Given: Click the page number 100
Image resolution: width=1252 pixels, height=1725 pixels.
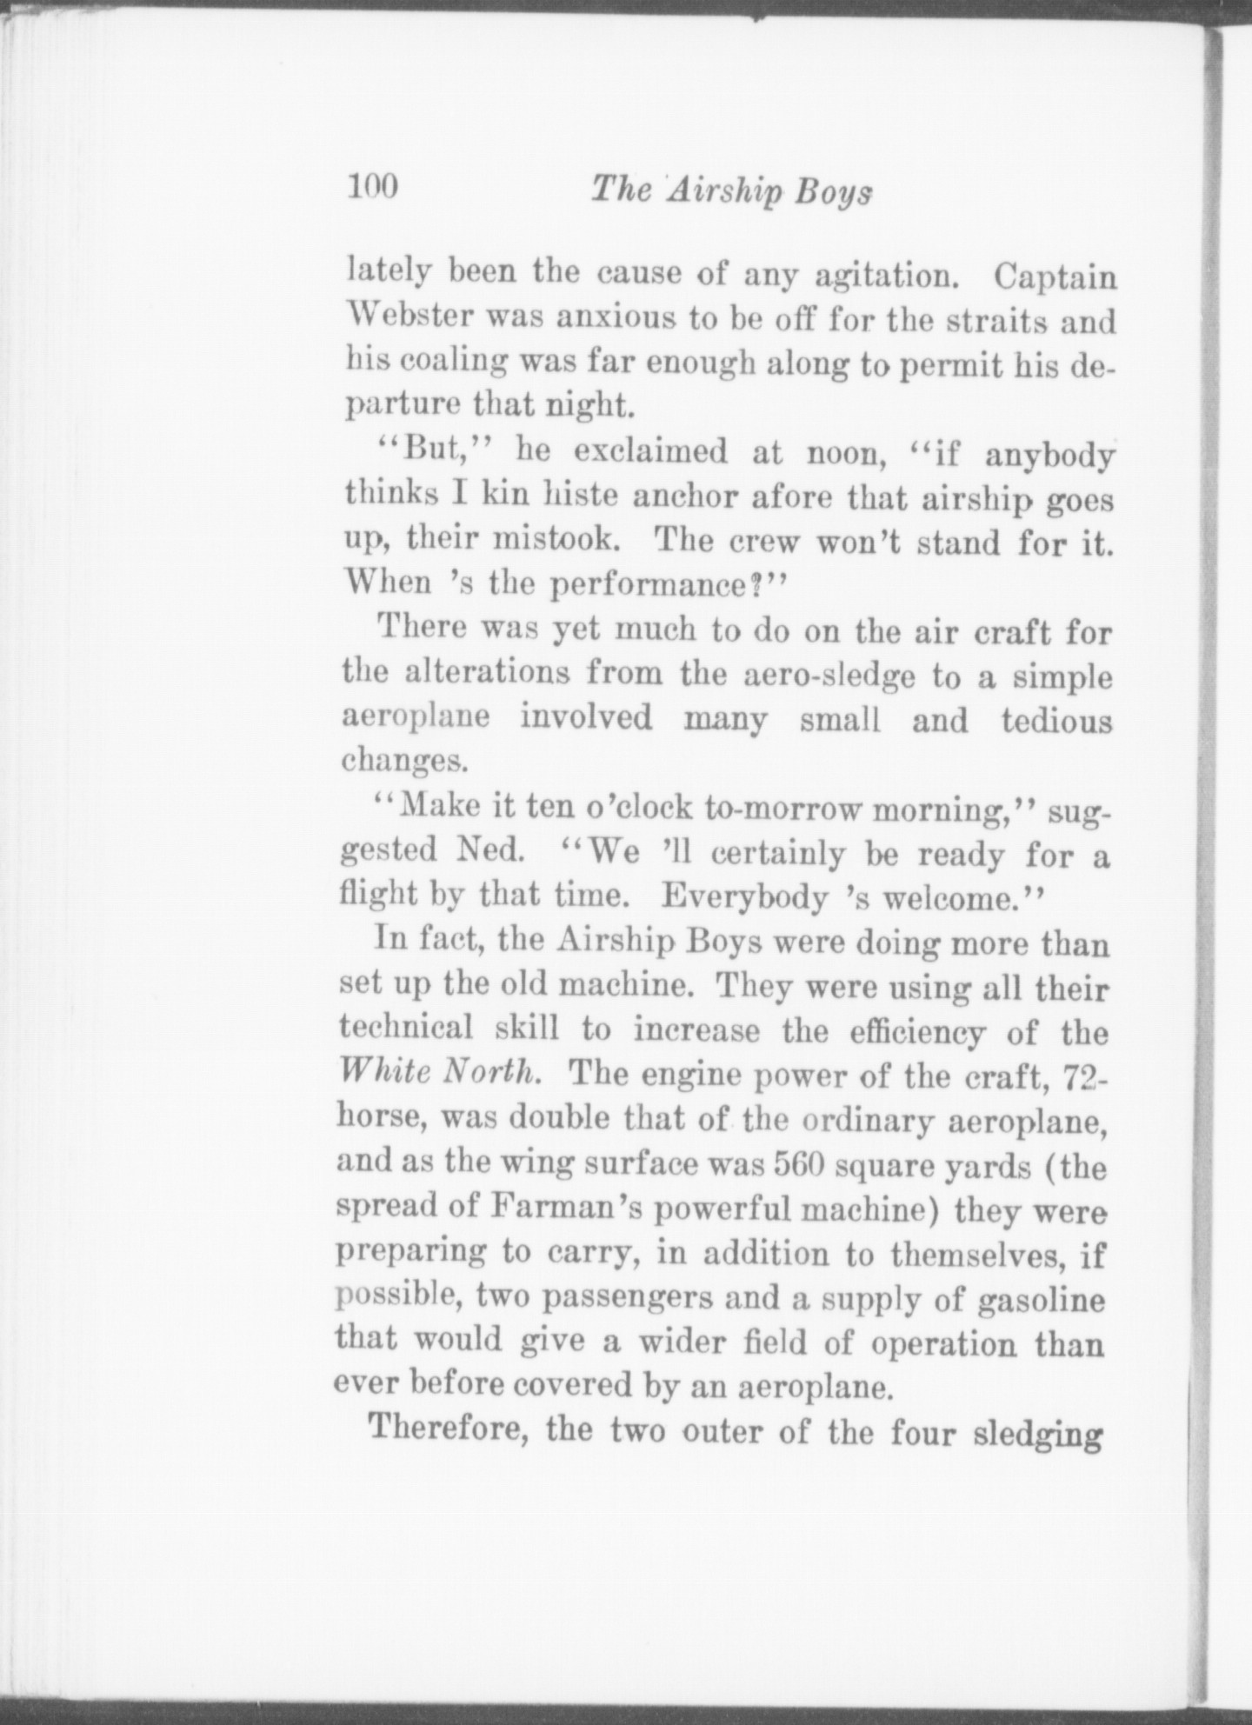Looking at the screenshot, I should pyautogui.click(x=372, y=187).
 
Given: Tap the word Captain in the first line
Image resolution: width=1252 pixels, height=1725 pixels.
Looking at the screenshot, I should pyautogui.click(x=1056, y=277).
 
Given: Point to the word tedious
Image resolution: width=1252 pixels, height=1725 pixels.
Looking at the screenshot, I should pyautogui.click(x=1056, y=721).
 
